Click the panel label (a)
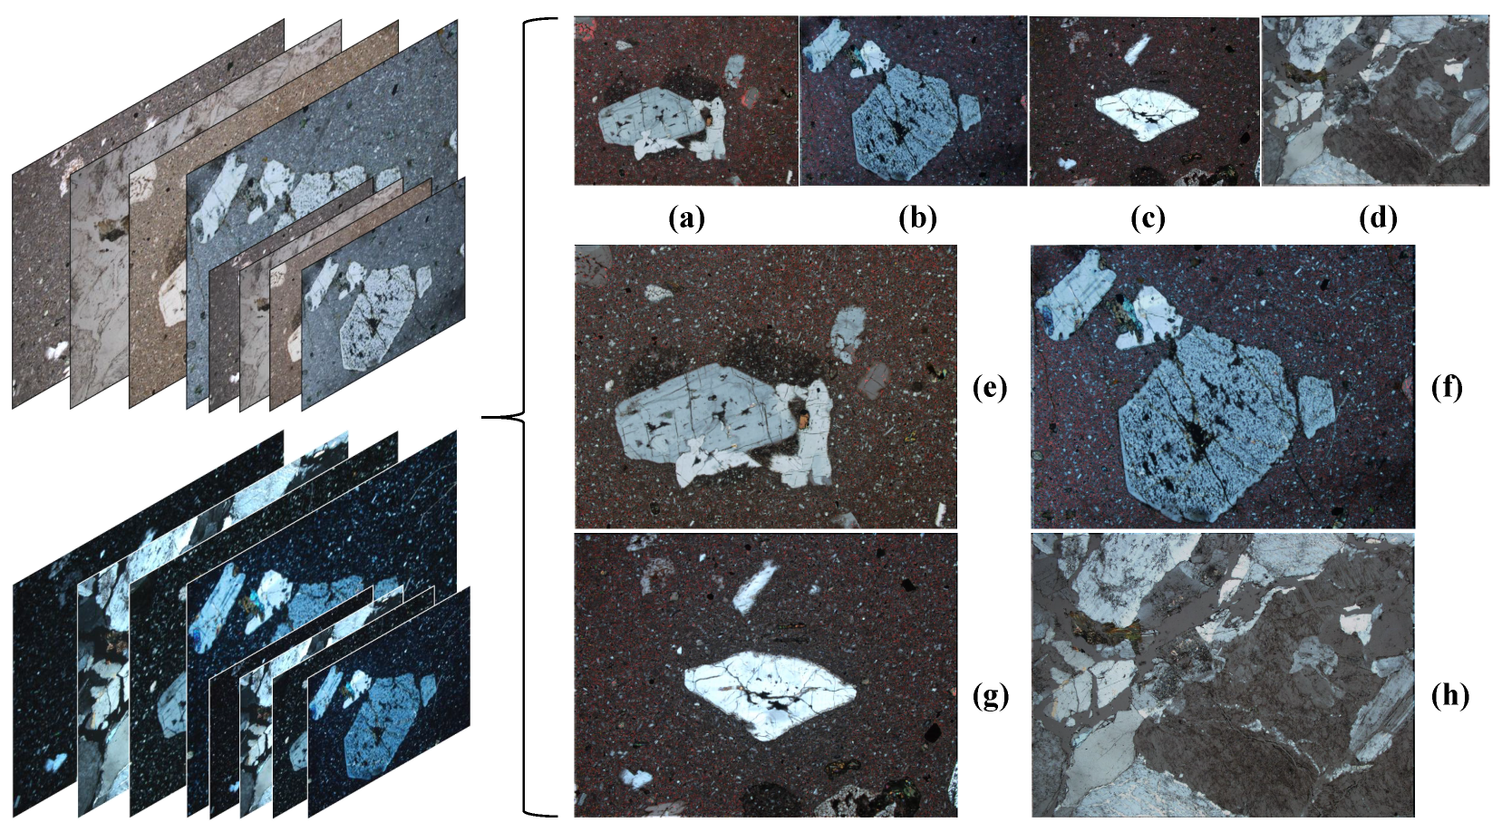coord(687,219)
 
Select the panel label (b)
coord(918,219)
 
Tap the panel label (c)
coord(1148,219)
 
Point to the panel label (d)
coord(1378,219)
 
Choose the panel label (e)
coord(990,388)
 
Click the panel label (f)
coord(1447,388)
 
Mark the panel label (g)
coord(991,697)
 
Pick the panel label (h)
coord(1449,697)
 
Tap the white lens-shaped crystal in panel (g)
coord(771,694)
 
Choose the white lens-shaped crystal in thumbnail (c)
coord(1147,114)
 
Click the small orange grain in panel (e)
coord(802,419)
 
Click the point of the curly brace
coord(483,417)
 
